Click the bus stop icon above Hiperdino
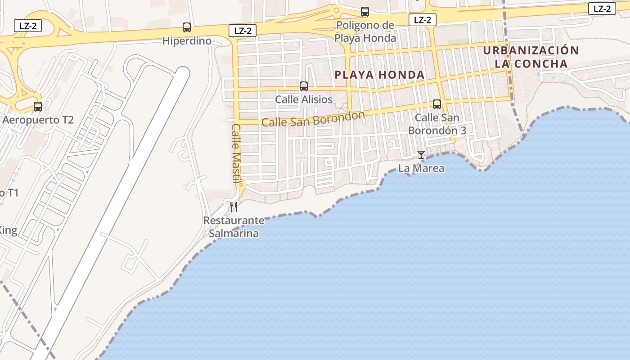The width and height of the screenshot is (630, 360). click(x=187, y=27)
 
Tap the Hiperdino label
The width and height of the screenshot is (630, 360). click(x=187, y=41)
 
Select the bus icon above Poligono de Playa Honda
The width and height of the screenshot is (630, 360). click(x=365, y=12)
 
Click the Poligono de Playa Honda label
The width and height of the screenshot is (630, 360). click(x=365, y=31)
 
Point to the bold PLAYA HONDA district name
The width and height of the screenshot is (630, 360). click(x=380, y=75)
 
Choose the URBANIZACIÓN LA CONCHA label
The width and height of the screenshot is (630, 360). click(x=531, y=57)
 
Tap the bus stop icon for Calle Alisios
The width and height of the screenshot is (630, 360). click(x=304, y=86)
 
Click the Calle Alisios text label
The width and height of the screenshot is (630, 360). click(x=304, y=99)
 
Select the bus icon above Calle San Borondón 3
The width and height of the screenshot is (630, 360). click(x=436, y=104)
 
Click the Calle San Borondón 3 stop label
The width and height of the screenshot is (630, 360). click(x=437, y=124)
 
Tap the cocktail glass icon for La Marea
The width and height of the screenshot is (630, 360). click(x=421, y=155)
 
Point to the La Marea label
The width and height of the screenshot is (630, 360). click(x=421, y=168)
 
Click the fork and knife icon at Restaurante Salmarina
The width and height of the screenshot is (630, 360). click(x=233, y=207)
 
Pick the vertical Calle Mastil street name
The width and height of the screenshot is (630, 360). click(x=237, y=153)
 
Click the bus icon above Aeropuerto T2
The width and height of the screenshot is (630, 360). click(x=38, y=107)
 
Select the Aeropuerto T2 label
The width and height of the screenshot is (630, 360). click(x=38, y=120)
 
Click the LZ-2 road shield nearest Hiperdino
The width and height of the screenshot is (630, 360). click(x=243, y=31)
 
